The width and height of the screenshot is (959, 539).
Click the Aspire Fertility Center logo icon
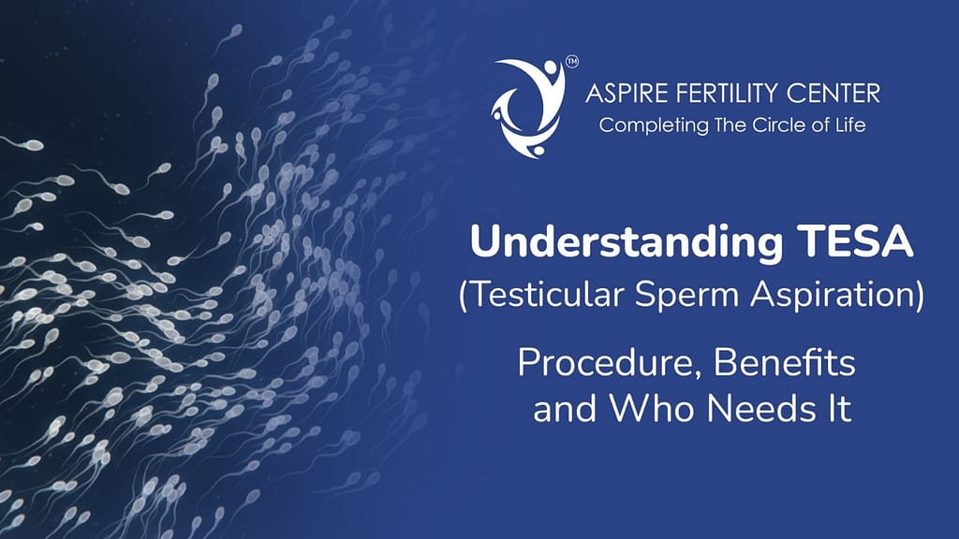click(x=530, y=106)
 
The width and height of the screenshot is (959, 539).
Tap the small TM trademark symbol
click(x=571, y=64)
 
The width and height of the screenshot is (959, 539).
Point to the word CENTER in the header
click(x=834, y=94)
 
